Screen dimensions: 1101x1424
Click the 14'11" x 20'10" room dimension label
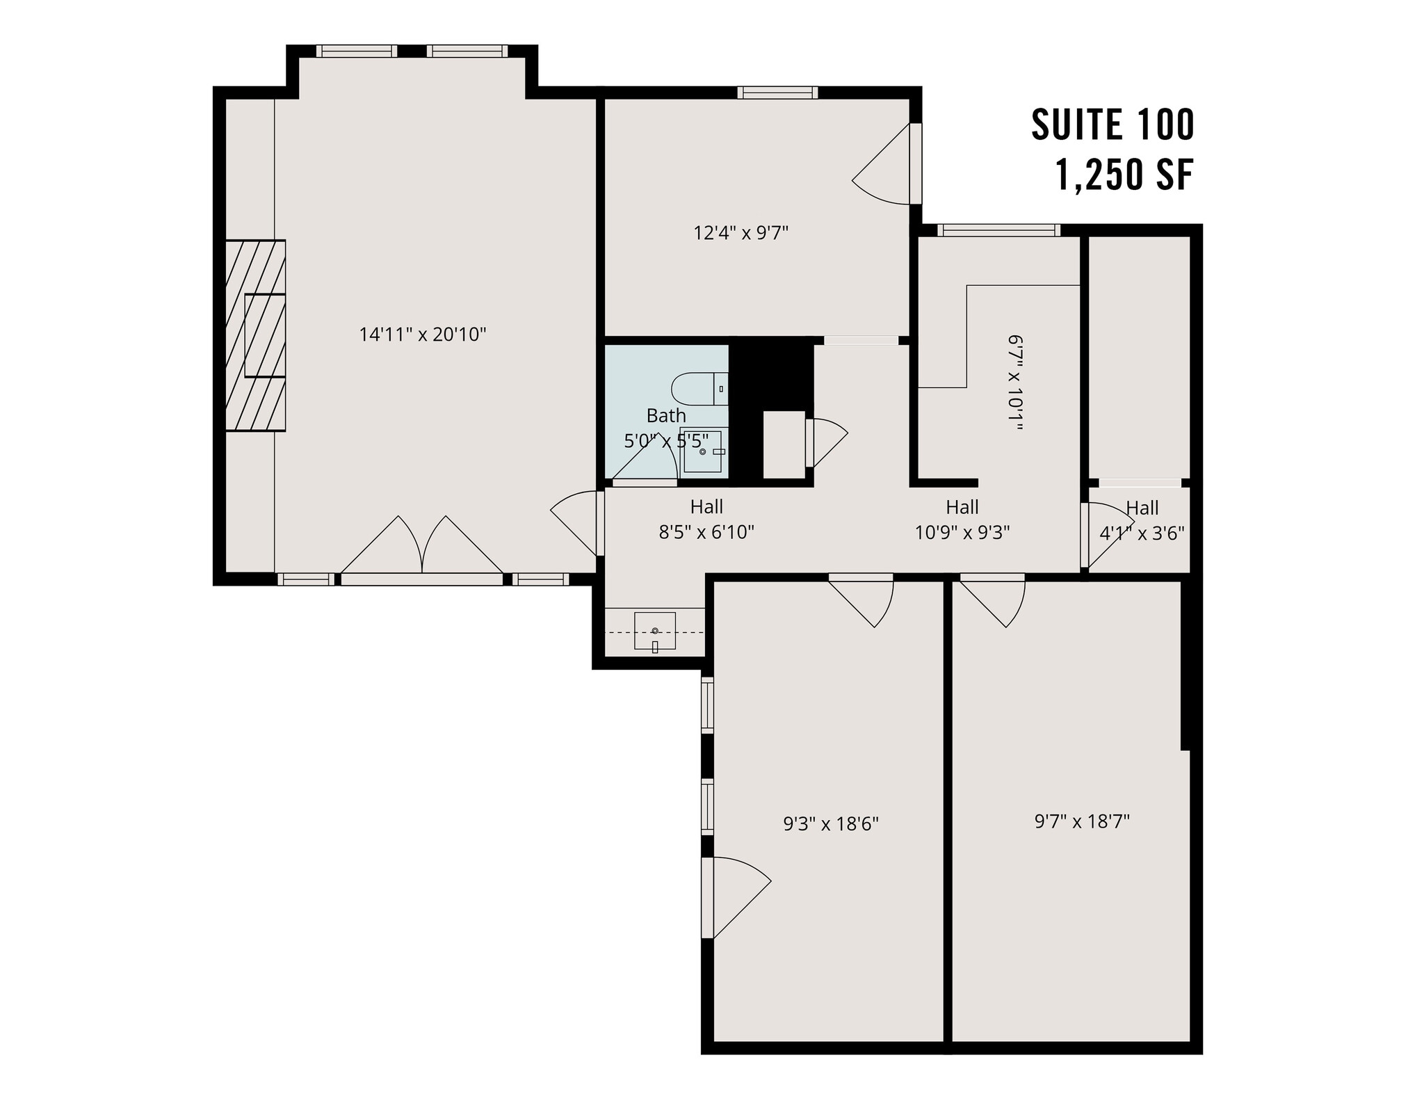(422, 335)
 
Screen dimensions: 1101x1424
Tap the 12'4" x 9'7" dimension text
(741, 232)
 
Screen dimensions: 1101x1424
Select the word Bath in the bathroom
(666, 415)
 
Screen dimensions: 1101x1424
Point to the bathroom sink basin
(702, 452)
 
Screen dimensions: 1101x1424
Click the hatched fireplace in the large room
(256, 335)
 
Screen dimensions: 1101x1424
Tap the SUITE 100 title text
(1112, 125)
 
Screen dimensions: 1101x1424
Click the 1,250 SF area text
(1124, 175)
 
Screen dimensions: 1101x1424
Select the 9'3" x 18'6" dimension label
(831, 824)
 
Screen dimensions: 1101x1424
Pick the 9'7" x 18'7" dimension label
(1082, 821)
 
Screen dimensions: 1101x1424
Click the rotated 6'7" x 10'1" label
(1015, 383)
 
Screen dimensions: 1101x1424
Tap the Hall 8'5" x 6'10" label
(706, 520)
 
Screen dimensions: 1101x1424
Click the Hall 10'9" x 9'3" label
(962, 520)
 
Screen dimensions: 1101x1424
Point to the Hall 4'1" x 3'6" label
(1142, 521)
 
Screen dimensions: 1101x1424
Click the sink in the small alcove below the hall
(655, 631)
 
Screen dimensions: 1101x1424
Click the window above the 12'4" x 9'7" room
(777, 93)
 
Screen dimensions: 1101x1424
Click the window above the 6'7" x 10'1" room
(998, 230)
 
